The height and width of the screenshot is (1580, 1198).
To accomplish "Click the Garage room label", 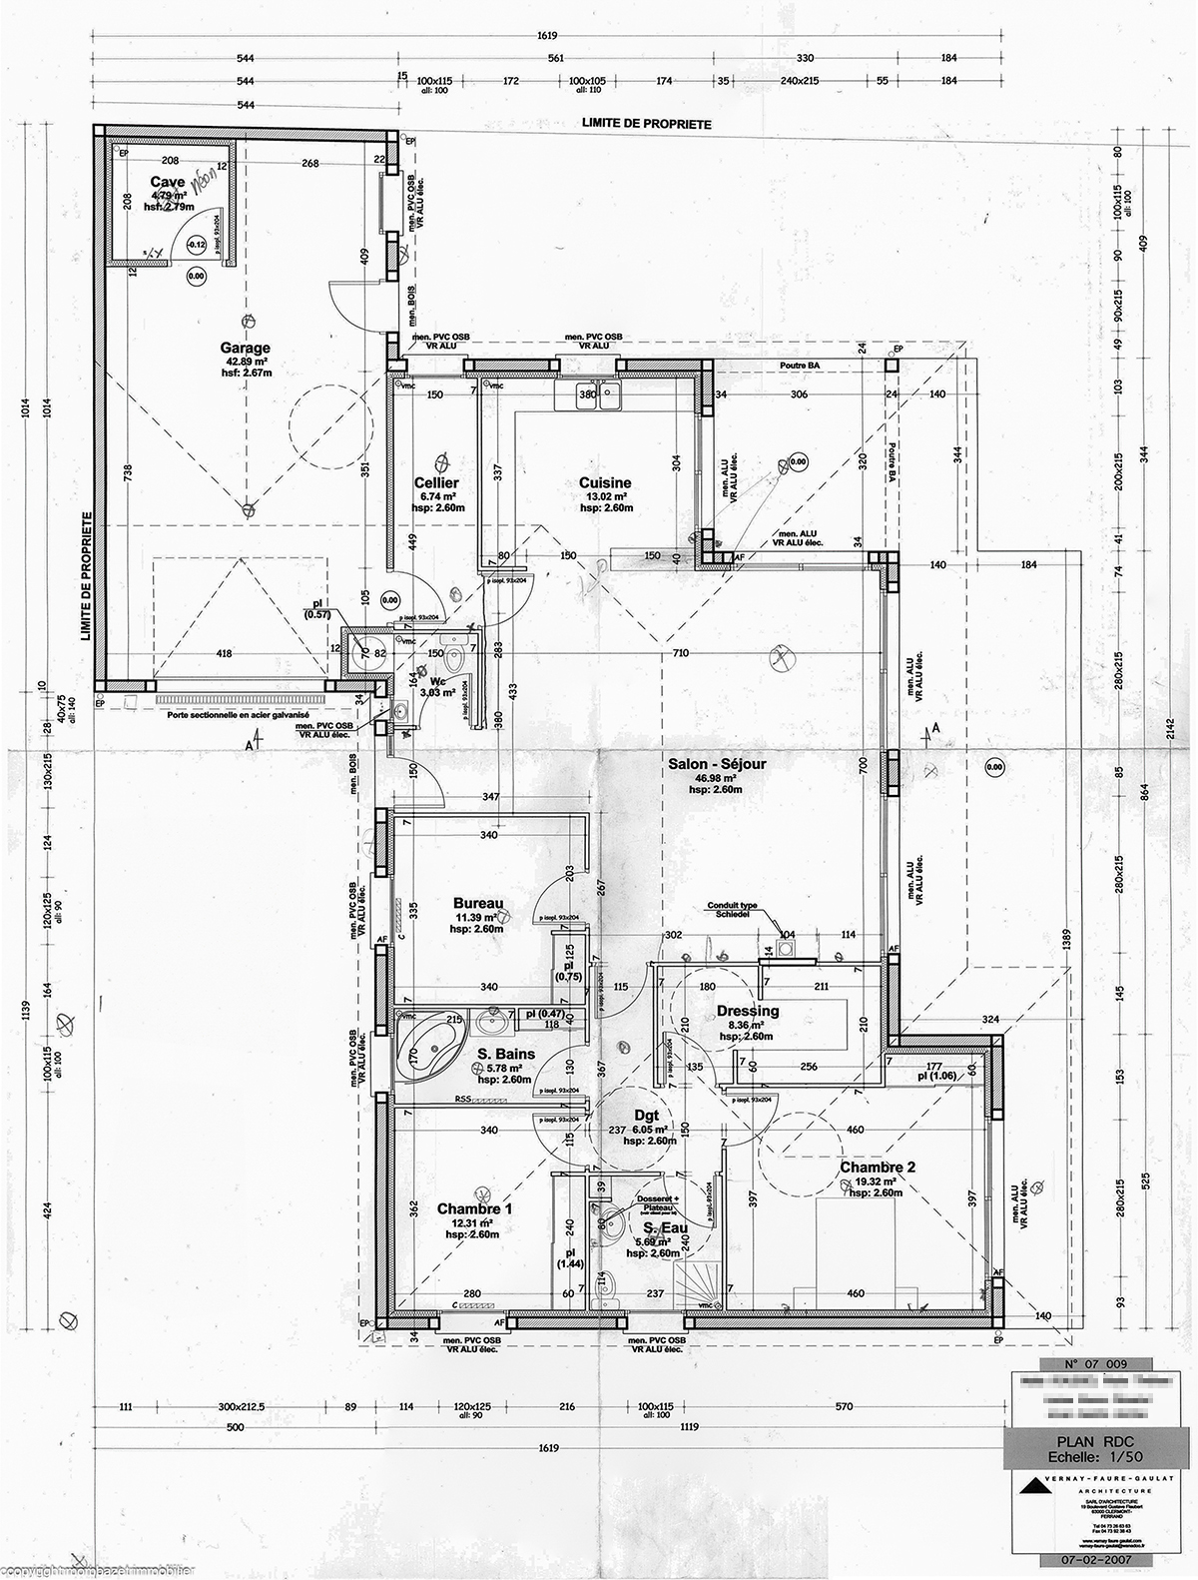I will pyautogui.click(x=245, y=349).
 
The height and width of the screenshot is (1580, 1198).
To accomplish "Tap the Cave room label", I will pyautogui.click(x=167, y=181).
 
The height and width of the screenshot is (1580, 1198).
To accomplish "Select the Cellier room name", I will pyautogui.click(x=436, y=483).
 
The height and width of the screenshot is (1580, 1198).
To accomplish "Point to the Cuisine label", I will pyautogui.click(x=605, y=483).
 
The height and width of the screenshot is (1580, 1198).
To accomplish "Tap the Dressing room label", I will pyautogui.click(x=748, y=1011).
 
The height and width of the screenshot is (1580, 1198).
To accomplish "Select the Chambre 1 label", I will pyautogui.click(x=474, y=1209).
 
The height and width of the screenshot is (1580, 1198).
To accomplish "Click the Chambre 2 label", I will pyautogui.click(x=877, y=1168).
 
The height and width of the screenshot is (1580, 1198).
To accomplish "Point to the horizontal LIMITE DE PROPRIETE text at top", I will pyautogui.click(x=646, y=124).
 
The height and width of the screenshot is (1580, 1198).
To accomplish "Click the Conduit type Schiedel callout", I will pyautogui.click(x=734, y=910).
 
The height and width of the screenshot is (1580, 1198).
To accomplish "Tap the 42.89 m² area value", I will pyautogui.click(x=246, y=362).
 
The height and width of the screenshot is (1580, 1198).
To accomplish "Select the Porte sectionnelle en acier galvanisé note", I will pyautogui.click(x=240, y=715).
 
